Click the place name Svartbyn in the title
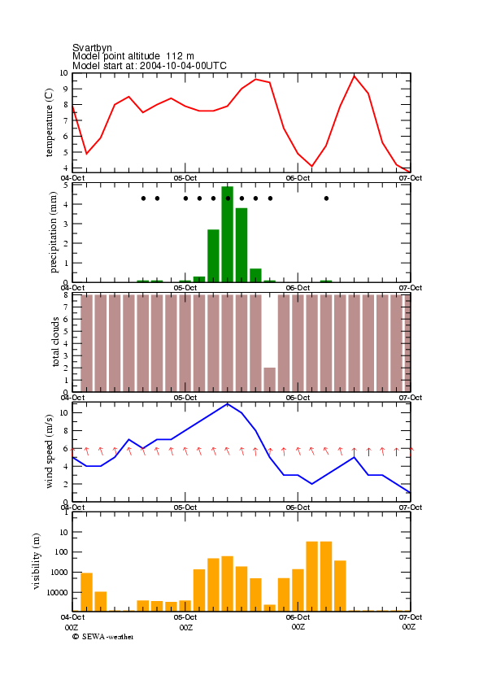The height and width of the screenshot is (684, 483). click(92, 47)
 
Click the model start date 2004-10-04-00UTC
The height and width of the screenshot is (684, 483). click(183, 66)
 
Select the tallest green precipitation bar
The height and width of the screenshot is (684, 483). click(228, 234)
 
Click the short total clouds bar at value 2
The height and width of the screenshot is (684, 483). click(270, 380)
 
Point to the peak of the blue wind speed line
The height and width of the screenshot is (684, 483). click(228, 404)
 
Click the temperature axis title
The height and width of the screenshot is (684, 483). click(49, 123)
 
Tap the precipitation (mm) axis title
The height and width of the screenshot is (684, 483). click(53, 233)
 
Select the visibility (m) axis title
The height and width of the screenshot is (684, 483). click(37, 561)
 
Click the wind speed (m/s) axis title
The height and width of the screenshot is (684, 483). click(49, 451)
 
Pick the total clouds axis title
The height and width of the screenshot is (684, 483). click(55, 342)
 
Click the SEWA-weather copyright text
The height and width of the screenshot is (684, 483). click(103, 637)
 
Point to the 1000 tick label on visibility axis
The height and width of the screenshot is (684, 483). click(60, 573)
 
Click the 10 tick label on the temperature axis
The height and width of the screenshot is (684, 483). click(64, 73)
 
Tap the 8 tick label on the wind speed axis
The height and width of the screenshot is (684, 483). click(66, 430)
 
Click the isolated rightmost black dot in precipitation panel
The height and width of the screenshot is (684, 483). click(326, 198)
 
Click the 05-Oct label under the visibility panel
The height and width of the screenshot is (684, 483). click(185, 617)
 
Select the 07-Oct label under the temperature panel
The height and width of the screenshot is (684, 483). click(411, 178)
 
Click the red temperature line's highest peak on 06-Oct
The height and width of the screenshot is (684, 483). click(355, 76)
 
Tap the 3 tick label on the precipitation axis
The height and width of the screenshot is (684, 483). click(66, 224)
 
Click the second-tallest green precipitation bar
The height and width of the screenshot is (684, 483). click(241, 245)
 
